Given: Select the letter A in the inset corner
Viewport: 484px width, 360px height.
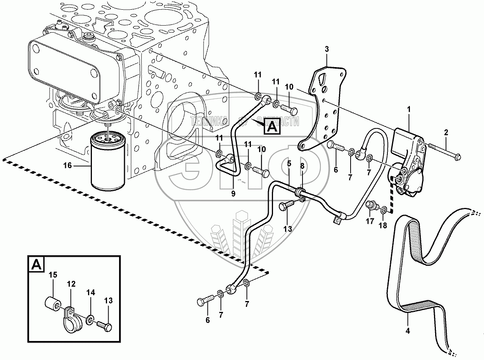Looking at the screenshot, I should (36, 265).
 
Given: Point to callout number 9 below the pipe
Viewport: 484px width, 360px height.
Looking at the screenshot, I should (233, 194).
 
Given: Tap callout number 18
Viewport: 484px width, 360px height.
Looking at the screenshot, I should (383, 225).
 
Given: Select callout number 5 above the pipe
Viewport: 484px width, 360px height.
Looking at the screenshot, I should (289, 163).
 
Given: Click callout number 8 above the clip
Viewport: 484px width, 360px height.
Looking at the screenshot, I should (302, 165).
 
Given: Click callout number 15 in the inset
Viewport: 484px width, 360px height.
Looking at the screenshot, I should (53, 275).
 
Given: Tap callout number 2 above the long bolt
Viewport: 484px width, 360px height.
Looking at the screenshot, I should (446, 132).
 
